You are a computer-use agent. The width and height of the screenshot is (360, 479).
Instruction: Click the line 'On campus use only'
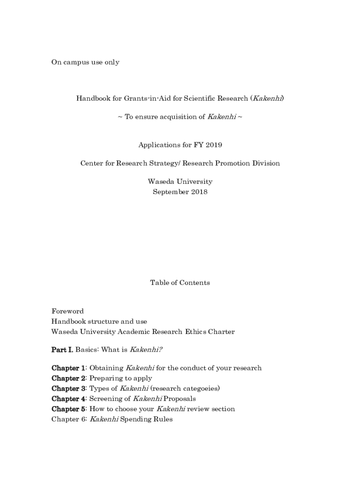click(x=85, y=62)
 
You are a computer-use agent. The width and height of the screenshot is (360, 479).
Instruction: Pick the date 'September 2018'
click(x=180, y=192)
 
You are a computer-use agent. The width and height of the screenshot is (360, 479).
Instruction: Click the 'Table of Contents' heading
click(x=180, y=283)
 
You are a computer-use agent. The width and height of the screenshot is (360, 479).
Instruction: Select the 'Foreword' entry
click(x=67, y=311)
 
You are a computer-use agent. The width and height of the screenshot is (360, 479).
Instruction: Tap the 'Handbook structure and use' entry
click(x=99, y=321)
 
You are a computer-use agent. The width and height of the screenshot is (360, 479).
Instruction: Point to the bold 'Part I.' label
click(x=62, y=349)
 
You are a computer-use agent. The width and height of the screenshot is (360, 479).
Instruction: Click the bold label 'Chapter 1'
click(x=68, y=368)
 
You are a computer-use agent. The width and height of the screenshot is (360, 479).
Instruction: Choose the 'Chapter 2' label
click(x=68, y=378)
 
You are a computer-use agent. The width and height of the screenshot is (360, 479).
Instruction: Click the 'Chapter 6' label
click(x=68, y=419)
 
